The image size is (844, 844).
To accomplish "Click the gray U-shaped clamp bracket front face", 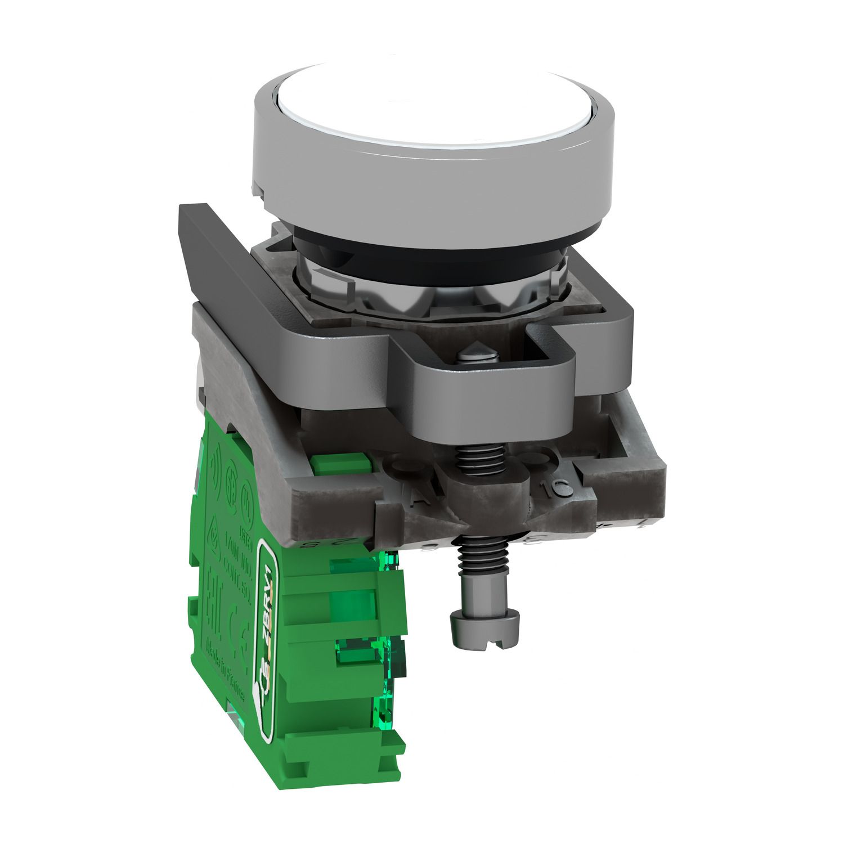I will coord(495,399).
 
